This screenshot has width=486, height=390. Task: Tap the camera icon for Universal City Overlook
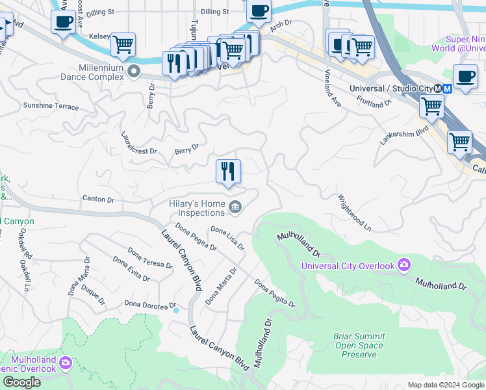[x=404, y=265]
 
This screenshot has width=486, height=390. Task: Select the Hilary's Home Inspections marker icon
[x=235, y=208]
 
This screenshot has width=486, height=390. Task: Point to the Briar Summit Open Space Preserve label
[x=359, y=345]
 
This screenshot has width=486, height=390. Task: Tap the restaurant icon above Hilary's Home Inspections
[x=228, y=172]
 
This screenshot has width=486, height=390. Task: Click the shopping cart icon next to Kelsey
[x=122, y=45]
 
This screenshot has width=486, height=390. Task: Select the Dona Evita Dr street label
[x=131, y=268]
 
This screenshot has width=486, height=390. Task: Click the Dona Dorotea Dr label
[x=150, y=305]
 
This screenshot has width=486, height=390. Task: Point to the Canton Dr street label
[x=98, y=200]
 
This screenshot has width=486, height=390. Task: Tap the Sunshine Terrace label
[x=51, y=107]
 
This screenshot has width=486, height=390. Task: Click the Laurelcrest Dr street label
[x=138, y=143]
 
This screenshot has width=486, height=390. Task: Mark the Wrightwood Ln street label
[x=354, y=213]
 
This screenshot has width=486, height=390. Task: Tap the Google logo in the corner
[x=21, y=382]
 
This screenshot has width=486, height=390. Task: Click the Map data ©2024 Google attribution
[x=446, y=385]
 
